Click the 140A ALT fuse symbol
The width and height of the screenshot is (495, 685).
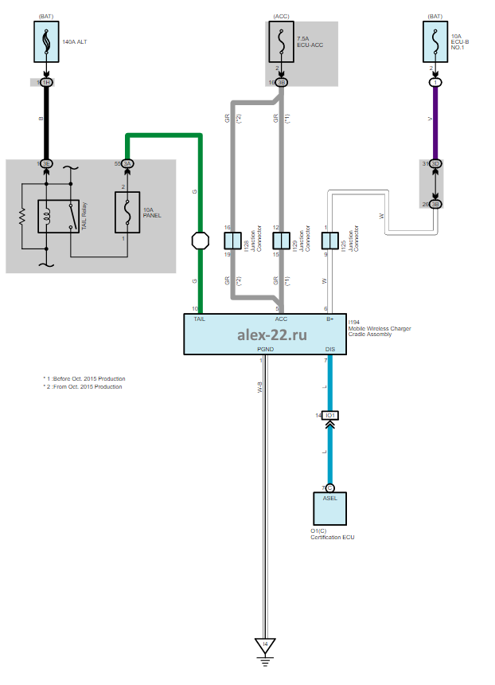(45, 41)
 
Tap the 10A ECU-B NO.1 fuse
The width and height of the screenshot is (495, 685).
(435, 41)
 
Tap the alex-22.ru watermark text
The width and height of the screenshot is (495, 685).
(271, 335)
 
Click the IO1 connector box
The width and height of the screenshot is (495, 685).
(329, 416)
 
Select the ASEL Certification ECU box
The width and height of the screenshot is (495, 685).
(329, 508)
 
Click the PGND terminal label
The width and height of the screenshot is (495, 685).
(266, 349)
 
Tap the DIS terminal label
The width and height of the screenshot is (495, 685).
(330, 349)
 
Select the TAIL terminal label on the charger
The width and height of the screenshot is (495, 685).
(200, 319)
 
